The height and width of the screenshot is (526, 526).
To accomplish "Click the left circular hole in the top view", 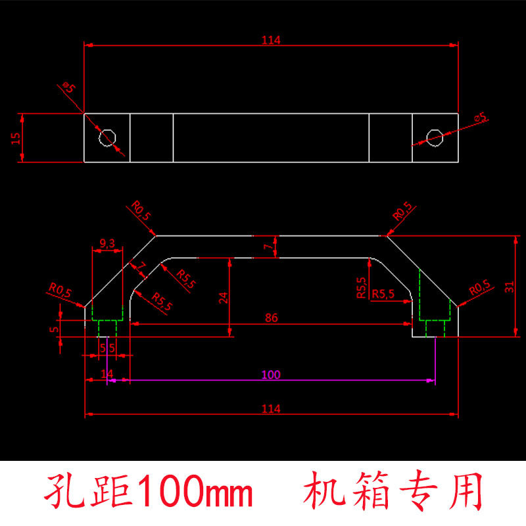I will pyautogui.click(x=107, y=137).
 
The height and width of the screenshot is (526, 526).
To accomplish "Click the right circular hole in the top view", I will pyautogui.click(x=434, y=137).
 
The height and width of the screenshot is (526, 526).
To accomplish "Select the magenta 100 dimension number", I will pyautogui.click(x=271, y=375).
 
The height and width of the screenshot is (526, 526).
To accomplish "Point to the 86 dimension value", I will pyautogui.click(x=271, y=318).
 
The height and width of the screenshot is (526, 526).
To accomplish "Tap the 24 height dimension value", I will pyautogui.click(x=224, y=298).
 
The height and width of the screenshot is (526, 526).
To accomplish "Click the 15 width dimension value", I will pyautogui.click(x=16, y=137).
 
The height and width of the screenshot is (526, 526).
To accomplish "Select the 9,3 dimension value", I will pyautogui.click(x=107, y=243).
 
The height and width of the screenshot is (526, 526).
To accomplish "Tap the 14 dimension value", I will pyautogui.click(x=107, y=373).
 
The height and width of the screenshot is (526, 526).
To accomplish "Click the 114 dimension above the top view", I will pyautogui.click(x=271, y=40).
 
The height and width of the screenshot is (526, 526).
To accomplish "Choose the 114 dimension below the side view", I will pyautogui.click(x=271, y=408).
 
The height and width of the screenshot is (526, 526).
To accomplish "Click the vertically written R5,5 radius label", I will pyautogui.click(x=361, y=288).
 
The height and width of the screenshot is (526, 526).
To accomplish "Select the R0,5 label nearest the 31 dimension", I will pyautogui.click(x=480, y=288).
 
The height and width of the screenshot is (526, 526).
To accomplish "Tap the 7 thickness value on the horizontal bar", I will pyautogui.click(x=266, y=247).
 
